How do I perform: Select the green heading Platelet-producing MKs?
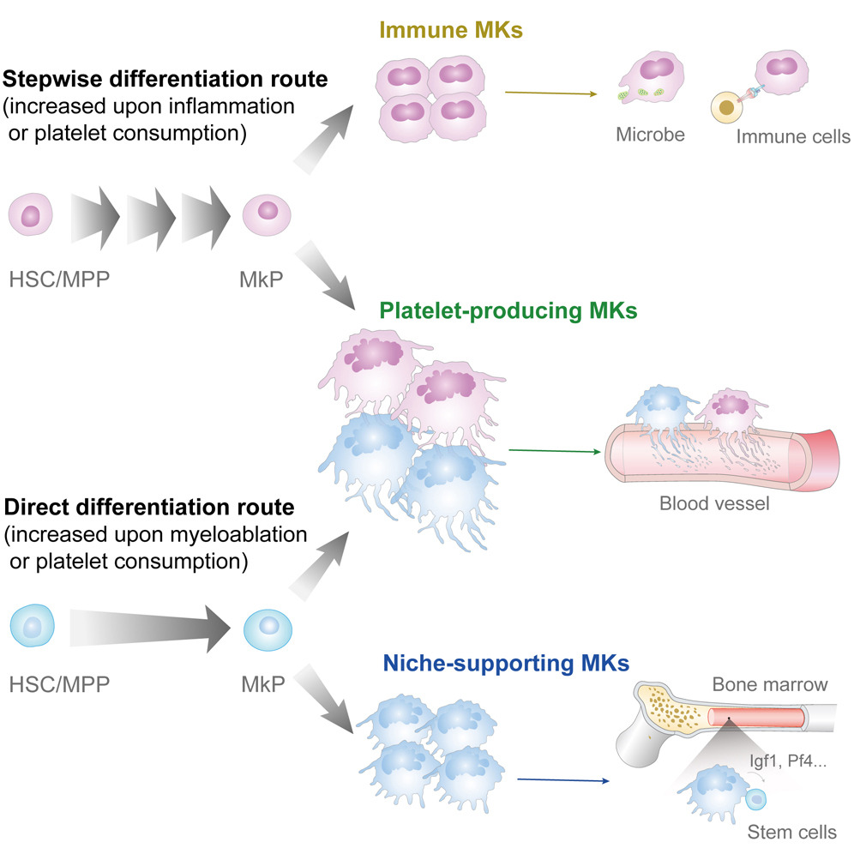coord(508,310)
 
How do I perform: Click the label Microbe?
coord(649,135)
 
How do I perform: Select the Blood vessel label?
coord(714,503)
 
